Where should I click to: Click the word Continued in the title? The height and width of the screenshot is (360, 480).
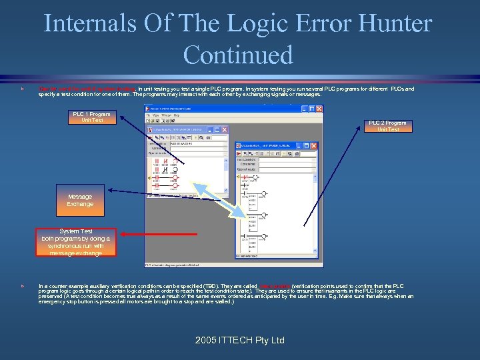pyautogui.click(x=238, y=55)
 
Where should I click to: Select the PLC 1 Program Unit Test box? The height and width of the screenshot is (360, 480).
pyautogui.click(x=92, y=117)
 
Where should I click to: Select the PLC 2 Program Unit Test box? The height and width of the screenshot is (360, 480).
pyautogui.click(x=388, y=126)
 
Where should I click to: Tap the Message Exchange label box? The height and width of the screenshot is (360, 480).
pyautogui.click(x=80, y=200)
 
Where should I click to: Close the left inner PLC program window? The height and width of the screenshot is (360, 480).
pyautogui.click(x=225, y=130)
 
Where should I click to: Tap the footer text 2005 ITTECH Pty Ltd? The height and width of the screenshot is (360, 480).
pyautogui.click(x=239, y=340)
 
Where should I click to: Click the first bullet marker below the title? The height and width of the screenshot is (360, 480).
pyautogui.click(x=23, y=89)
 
